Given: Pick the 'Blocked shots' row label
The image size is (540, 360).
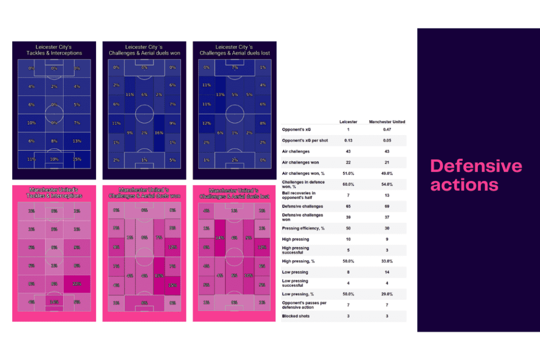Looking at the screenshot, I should [x=296, y=316].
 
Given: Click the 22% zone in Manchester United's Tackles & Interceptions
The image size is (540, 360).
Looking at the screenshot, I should [x=77, y=284].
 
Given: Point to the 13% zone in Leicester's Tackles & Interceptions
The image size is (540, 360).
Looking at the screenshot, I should [x=77, y=141].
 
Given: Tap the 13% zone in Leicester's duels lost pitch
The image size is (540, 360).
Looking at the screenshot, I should [x=220, y=95].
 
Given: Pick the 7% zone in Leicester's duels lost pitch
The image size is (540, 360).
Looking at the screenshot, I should [x=235, y=68].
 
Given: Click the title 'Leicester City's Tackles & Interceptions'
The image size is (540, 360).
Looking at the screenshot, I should [x=54, y=50].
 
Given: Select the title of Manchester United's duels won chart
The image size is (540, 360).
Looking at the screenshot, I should [x=144, y=192].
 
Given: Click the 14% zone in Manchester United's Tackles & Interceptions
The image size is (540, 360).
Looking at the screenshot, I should [x=54, y=302].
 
